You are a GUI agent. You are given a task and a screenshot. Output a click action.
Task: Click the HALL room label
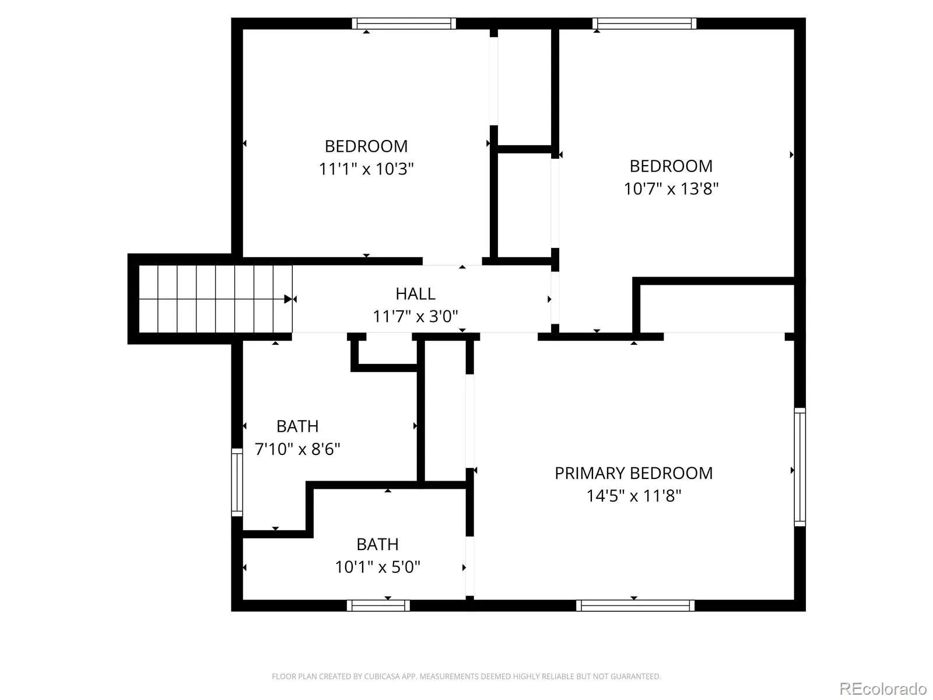(x=415, y=293)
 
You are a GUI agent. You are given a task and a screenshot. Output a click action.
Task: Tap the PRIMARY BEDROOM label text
(x=633, y=473)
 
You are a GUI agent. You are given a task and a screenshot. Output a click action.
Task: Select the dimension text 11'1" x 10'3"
(x=366, y=169)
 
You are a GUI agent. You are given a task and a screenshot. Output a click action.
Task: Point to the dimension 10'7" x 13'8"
(x=671, y=188)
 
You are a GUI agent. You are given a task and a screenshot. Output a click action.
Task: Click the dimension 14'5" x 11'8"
(x=633, y=496)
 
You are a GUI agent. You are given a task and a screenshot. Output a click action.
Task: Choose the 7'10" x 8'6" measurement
(x=297, y=449)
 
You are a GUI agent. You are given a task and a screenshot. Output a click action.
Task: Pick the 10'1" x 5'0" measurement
(x=377, y=566)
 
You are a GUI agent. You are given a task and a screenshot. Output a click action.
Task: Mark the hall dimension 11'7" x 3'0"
(x=415, y=316)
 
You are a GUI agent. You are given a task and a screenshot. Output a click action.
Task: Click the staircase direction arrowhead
(x=288, y=299)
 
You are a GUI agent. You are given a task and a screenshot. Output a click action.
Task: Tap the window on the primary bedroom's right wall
(x=799, y=467)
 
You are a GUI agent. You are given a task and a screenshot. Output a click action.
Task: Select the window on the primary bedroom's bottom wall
(x=635, y=605)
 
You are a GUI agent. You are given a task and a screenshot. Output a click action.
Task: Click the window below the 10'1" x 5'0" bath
(x=378, y=605)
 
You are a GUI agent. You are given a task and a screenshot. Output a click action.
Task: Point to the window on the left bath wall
(x=237, y=482)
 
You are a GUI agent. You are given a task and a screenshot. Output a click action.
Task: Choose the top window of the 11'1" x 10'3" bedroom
(x=404, y=23)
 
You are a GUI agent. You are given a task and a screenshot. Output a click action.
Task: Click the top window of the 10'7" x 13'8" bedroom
(x=644, y=23)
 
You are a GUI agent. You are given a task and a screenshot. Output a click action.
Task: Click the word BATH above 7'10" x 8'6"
(x=297, y=426)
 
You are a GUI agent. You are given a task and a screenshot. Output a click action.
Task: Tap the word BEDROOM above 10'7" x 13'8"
(x=671, y=166)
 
